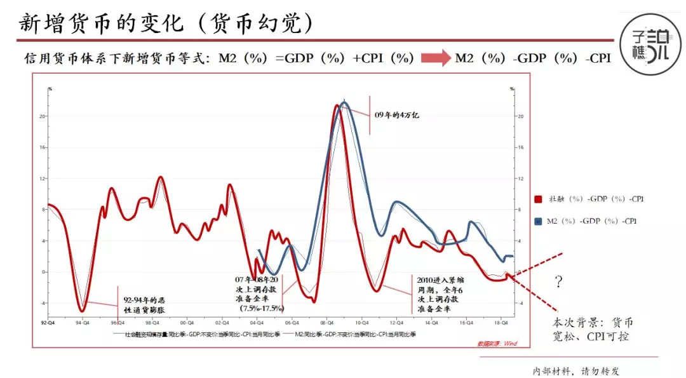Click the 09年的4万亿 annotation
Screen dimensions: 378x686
pyautogui.click(x=396, y=115)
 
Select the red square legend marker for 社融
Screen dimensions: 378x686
pyautogui.click(x=539, y=199)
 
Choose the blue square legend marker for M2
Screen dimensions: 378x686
pyautogui.click(x=539, y=221)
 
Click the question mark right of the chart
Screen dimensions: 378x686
pyautogui.click(x=558, y=282)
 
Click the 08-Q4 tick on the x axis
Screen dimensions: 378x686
pyautogui.click(x=326, y=322)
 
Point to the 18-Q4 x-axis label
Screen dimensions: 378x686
pyautogui.click(x=501, y=322)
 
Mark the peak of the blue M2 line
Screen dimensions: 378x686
pyautogui.click(x=344, y=102)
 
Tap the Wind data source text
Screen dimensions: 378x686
pyautogui.click(x=497, y=344)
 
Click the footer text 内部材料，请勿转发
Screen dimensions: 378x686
pyautogui.click(x=575, y=370)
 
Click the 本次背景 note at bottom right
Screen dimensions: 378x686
pyautogui.click(x=595, y=328)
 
